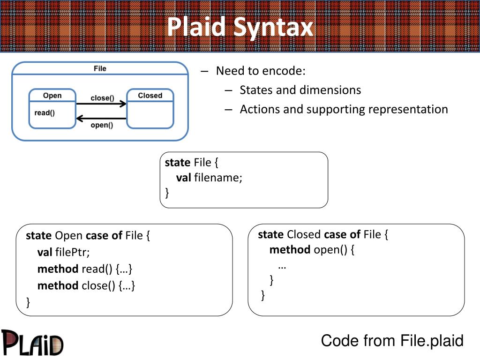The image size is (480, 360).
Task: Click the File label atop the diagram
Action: point(100,68)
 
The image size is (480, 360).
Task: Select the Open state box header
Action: point(52,96)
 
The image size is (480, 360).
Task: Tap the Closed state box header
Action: point(150,96)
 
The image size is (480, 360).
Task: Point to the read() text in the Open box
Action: point(45,113)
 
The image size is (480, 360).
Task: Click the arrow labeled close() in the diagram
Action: point(101,104)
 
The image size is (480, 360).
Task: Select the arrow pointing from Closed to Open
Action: point(101,119)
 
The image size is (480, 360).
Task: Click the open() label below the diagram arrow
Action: point(102,125)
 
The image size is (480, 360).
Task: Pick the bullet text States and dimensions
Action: point(300,90)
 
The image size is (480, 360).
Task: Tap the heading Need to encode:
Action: point(261,71)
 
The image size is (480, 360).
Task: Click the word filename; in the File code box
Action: point(218,178)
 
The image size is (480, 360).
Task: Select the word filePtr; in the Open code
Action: point(72,252)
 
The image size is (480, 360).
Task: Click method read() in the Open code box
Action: point(85,269)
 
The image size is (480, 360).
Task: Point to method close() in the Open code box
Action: point(86,285)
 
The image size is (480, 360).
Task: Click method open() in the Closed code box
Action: point(312,250)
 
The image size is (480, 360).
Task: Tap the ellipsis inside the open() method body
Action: point(282,267)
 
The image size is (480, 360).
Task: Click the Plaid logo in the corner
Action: point(32,343)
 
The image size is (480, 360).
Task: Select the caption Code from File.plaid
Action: point(392,341)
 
